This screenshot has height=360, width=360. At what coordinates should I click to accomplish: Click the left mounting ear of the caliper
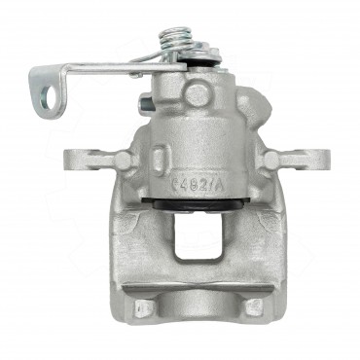(84, 160)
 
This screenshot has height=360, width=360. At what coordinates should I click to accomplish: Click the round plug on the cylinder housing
(198, 94)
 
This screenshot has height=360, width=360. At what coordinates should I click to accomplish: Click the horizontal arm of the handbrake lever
(107, 70)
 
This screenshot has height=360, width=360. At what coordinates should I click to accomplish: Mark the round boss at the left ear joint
(122, 159)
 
